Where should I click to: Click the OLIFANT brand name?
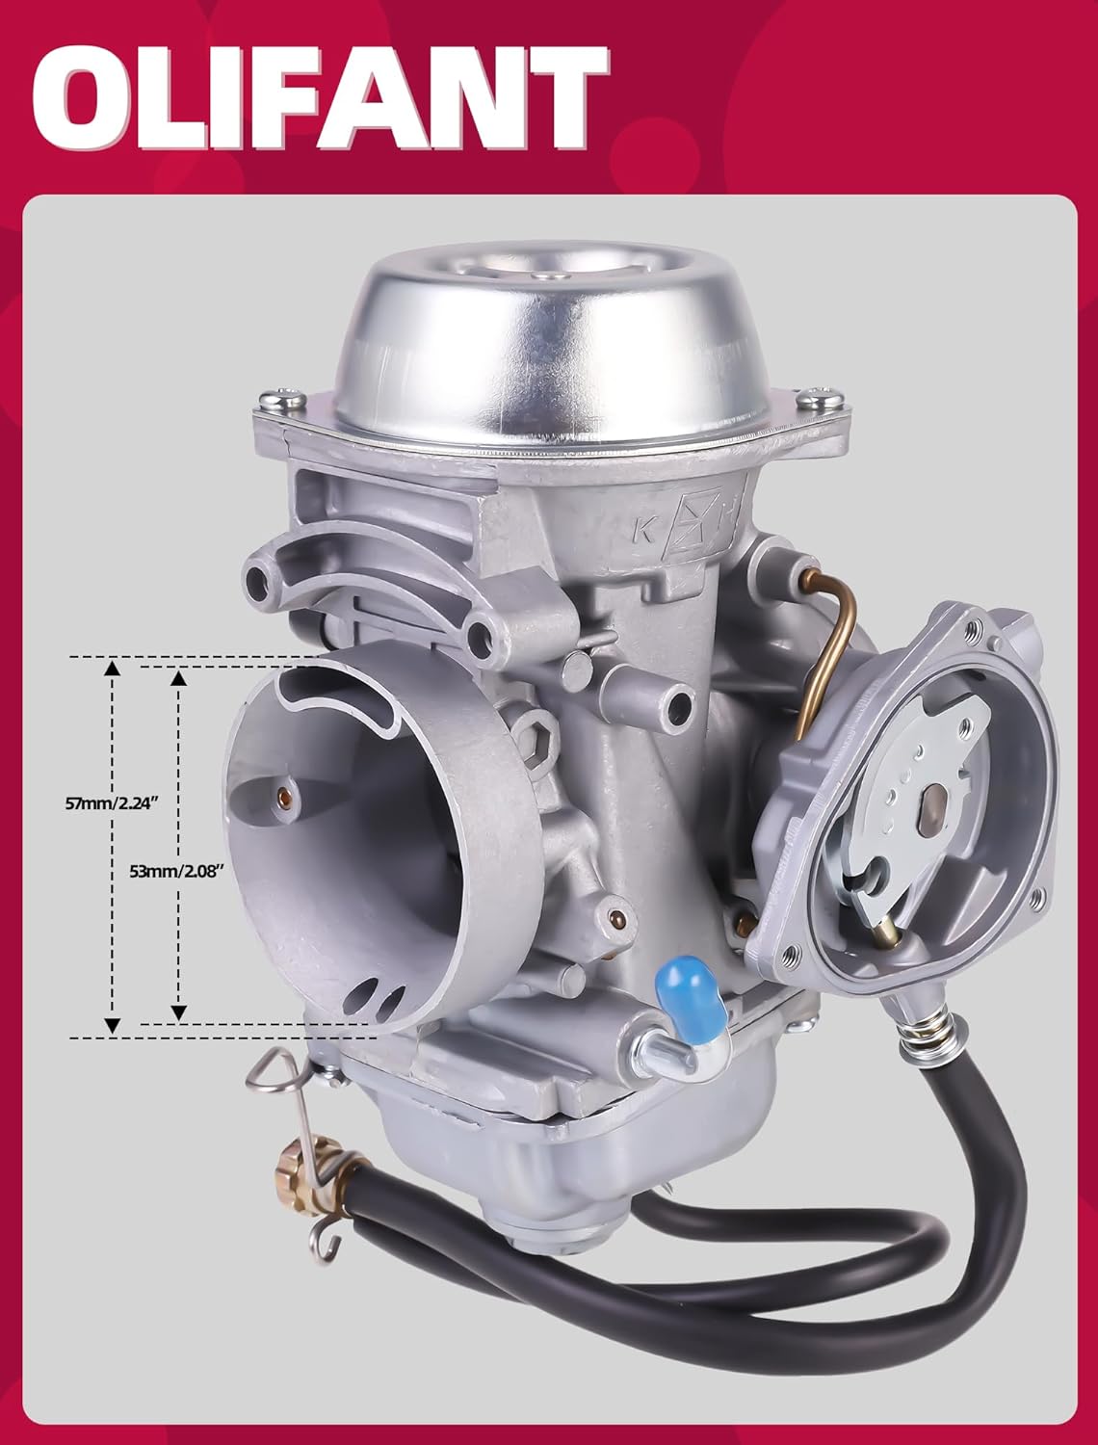click(321, 99)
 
